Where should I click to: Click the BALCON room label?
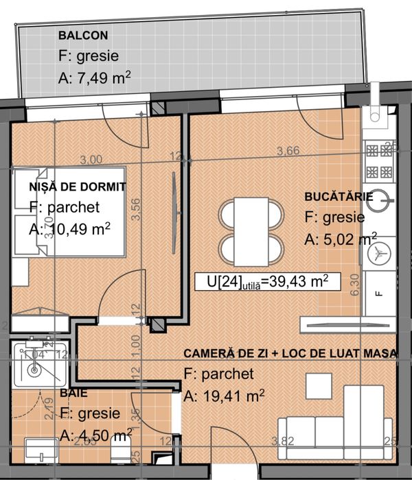pos(82,35)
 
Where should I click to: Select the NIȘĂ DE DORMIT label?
pos(78,186)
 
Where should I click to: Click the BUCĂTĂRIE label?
pos(339,197)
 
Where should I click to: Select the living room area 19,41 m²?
pos(216,396)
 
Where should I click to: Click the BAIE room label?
pos(73,393)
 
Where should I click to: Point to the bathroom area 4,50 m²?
pos(96,435)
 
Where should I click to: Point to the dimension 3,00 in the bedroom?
pos(91,159)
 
